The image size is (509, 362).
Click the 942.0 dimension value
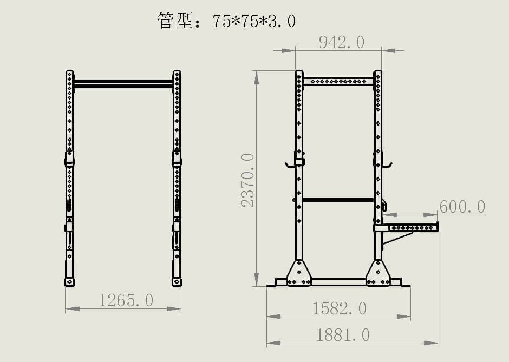click(341, 42)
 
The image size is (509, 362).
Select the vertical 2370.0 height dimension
click(247, 179)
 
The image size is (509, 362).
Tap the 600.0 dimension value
click(462, 207)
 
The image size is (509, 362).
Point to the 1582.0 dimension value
click(340, 308)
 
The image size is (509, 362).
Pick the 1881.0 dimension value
click(343, 335)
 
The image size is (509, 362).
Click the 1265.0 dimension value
click(126, 300)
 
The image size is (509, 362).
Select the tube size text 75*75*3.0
click(254, 21)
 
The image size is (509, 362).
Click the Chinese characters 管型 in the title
click(172, 21)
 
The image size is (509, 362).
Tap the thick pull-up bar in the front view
click(123, 83)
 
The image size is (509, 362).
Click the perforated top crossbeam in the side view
click(338, 82)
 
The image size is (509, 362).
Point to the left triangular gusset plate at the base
click(299, 273)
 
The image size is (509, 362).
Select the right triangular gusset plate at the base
click(378, 273)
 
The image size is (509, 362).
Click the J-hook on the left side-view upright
click(291, 163)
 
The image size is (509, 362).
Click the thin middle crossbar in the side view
click(338, 200)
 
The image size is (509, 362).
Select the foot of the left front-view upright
click(69, 282)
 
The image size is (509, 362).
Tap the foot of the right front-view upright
click(177, 282)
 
